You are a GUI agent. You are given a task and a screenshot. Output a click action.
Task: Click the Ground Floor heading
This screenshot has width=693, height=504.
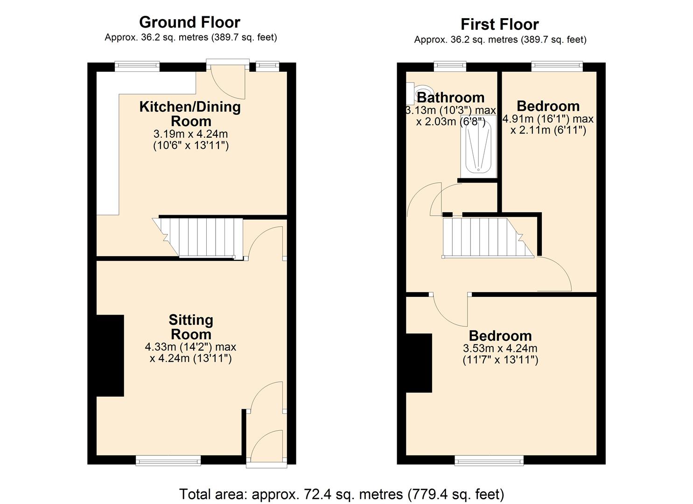(x=189, y=22)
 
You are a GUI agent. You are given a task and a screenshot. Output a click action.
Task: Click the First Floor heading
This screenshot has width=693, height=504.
(x=499, y=24)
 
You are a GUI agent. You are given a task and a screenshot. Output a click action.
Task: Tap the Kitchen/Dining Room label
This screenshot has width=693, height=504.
(x=190, y=113)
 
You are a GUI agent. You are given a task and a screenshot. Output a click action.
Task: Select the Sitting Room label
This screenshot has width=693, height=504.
(x=190, y=327)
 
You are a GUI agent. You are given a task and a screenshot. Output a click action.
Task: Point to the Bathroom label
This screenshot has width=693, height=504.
(x=450, y=97)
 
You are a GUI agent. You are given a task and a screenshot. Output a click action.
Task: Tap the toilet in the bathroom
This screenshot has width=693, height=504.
(x=420, y=92)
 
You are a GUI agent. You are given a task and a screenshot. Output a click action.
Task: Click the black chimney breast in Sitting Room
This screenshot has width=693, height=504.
(x=110, y=356)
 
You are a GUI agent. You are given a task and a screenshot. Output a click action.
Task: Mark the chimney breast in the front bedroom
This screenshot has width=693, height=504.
(x=419, y=363)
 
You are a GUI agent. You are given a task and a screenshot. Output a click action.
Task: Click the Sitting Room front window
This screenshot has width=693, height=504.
(x=168, y=461)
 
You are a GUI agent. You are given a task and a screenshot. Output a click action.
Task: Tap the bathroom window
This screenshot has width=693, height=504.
(x=450, y=66)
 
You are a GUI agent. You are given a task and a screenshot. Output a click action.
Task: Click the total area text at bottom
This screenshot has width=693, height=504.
(x=342, y=494)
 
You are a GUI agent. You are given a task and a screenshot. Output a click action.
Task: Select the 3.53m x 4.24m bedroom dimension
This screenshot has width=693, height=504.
(x=500, y=348)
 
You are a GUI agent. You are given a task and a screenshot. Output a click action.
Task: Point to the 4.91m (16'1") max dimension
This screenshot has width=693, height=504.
(x=548, y=119)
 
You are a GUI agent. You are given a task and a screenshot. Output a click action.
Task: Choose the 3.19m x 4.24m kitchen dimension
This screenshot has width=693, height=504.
(x=190, y=134)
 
